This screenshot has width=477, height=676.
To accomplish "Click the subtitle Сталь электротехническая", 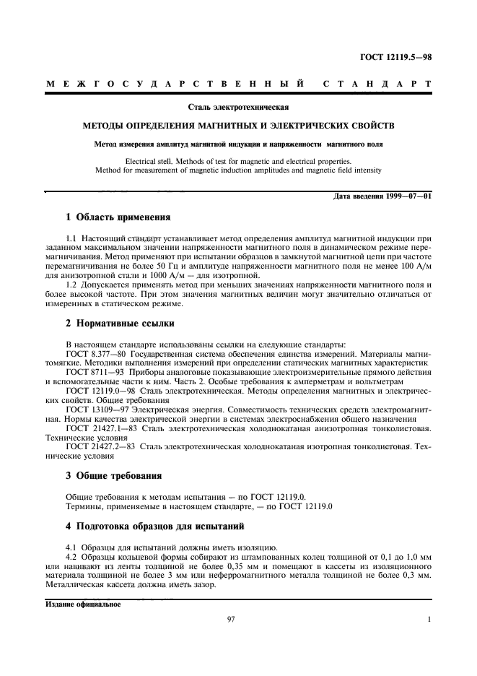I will (238, 108).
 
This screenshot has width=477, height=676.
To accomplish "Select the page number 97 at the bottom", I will (232, 619).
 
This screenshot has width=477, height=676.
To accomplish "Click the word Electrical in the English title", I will (141, 161).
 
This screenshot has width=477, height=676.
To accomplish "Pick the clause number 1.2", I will (71, 285).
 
